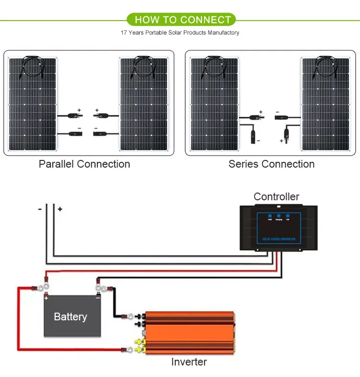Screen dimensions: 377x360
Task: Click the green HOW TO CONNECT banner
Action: pos(183,20)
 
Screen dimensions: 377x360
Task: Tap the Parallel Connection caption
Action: pos(84,164)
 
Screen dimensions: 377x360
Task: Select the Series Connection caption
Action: pos(271,164)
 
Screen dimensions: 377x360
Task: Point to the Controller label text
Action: pos(276,196)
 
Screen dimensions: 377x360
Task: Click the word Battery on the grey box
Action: pos(71,317)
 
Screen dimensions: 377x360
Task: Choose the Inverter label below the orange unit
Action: pos(189,362)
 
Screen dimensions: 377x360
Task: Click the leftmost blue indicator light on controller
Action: pos(270,216)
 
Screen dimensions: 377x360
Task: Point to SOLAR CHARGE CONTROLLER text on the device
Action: pos(279,239)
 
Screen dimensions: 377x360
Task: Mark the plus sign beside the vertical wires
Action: pos(60,209)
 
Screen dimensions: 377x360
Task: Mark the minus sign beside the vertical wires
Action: pos(40,209)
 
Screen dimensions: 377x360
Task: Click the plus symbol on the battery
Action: pos(47,298)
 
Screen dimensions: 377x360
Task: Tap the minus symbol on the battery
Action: pos(97,298)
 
